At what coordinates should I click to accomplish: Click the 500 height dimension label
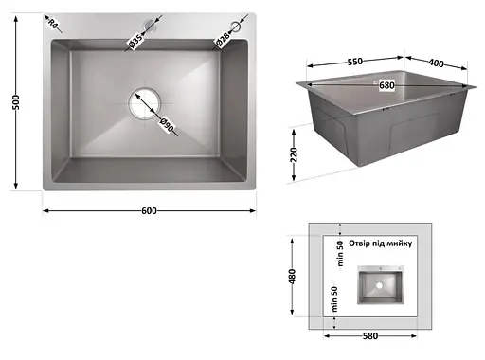click(x=16, y=102)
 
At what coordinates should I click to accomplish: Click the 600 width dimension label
click(x=149, y=210)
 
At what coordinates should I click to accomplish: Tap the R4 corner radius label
click(x=52, y=24)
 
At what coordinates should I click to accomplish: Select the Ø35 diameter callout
click(x=135, y=42)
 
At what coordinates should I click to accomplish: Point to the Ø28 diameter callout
click(x=223, y=39)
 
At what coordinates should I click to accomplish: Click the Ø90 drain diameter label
click(x=166, y=125)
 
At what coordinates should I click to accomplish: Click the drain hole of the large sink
click(x=145, y=103)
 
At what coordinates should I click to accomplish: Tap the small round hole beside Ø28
click(x=236, y=27)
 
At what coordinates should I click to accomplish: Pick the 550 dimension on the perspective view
click(x=355, y=62)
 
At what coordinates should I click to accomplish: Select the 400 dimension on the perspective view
click(x=436, y=63)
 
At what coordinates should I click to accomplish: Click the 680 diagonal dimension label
click(x=386, y=85)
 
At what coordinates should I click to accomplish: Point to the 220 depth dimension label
click(x=294, y=154)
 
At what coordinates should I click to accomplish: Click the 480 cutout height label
click(x=292, y=277)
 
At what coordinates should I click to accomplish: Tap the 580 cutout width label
click(x=370, y=336)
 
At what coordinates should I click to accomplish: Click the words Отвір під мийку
click(x=381, y=243)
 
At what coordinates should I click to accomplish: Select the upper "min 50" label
click(x=340, y=254)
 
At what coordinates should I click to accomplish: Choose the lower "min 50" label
click(x=334, y=299)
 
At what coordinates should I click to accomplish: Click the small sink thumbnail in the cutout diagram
click(x=380, y=285)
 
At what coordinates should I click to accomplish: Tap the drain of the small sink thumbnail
click(x=380, y=285)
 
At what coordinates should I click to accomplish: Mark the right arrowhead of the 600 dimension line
click(x=253, y=210)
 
